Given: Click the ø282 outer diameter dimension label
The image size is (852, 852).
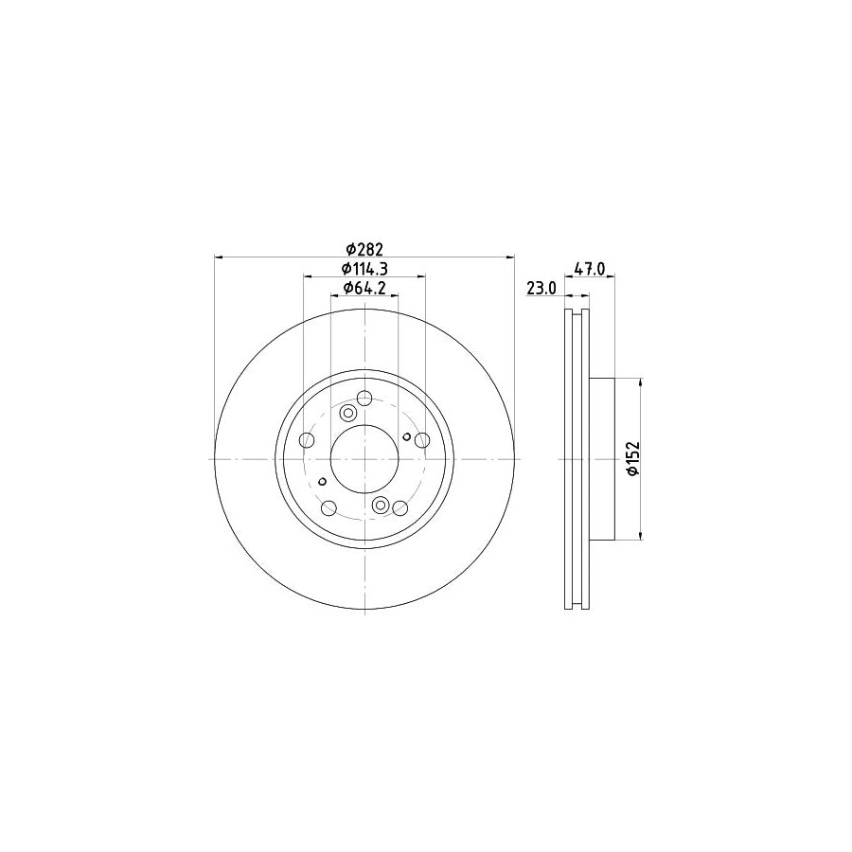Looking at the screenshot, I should pyautogui.click(x=364, y=249).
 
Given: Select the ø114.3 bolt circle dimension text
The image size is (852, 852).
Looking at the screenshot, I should pyautogui.click(x=364, y=269).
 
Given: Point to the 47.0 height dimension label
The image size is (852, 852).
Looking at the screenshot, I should pyautogui.click(x=589, y=269).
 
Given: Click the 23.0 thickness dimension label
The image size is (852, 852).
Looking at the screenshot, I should pyautogui.click(x=541, y=288).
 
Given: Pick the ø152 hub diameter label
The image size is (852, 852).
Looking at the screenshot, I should pyautogui.click(x=632, y=459).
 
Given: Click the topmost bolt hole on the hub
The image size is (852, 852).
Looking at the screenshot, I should pyautogui.click(x=364, y=399).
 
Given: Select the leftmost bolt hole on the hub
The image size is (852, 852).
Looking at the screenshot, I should pyautogui.click(x=306, y=441).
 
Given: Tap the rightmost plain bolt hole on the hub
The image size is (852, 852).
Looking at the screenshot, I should pyautogui.click(x=422, y=440).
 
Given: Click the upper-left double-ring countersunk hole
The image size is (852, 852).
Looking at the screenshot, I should pyautogui.click(x=348, y=413).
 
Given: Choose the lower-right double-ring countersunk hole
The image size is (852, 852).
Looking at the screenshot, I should pyautogui.click(x=381, y=505).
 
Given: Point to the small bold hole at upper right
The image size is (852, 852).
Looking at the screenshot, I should pyautogui.click(x=406, y=436).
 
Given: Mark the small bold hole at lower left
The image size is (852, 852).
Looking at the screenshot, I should pyautogui.click(x=323, y=482).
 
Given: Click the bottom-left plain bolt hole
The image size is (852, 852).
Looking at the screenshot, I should pyautogui.click(x=328, y=509).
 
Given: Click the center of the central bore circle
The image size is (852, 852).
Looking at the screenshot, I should pyautogui.click(x=364, y=459).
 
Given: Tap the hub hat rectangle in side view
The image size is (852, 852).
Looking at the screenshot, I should pyautogui.click(x=603, y=459).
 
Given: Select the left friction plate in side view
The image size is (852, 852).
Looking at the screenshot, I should pyautogui.click(x=569, y=459).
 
